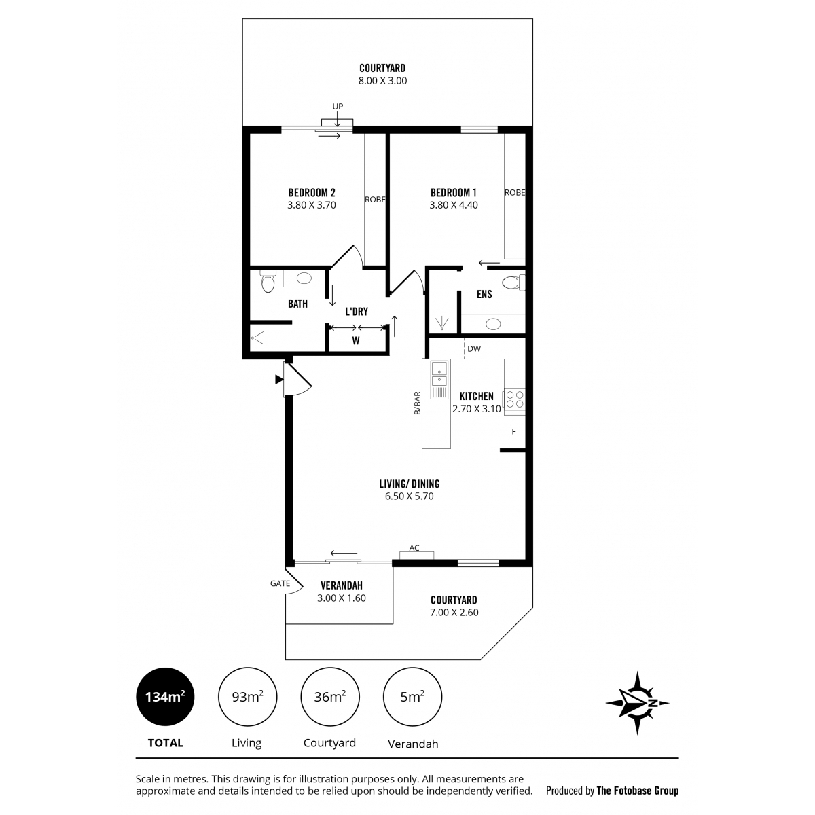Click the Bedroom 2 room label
point(312,193)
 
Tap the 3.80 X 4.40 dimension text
point(454,205)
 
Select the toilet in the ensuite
point(514,282)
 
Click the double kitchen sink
point(439,374)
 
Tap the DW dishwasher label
point(474,348)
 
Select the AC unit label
point(414,547)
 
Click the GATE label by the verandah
point(280,583)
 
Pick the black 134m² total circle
point(165,697)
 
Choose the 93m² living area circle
point(247,697)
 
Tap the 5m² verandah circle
point(412,697)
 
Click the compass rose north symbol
point(637,703)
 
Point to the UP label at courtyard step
point(338,106)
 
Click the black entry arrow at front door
point(279,380)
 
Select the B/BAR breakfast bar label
point(418,403)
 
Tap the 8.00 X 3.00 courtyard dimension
point(383,81)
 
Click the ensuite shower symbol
point(442,323)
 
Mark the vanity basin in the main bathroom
point(304,278)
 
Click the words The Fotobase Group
point(637,791)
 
